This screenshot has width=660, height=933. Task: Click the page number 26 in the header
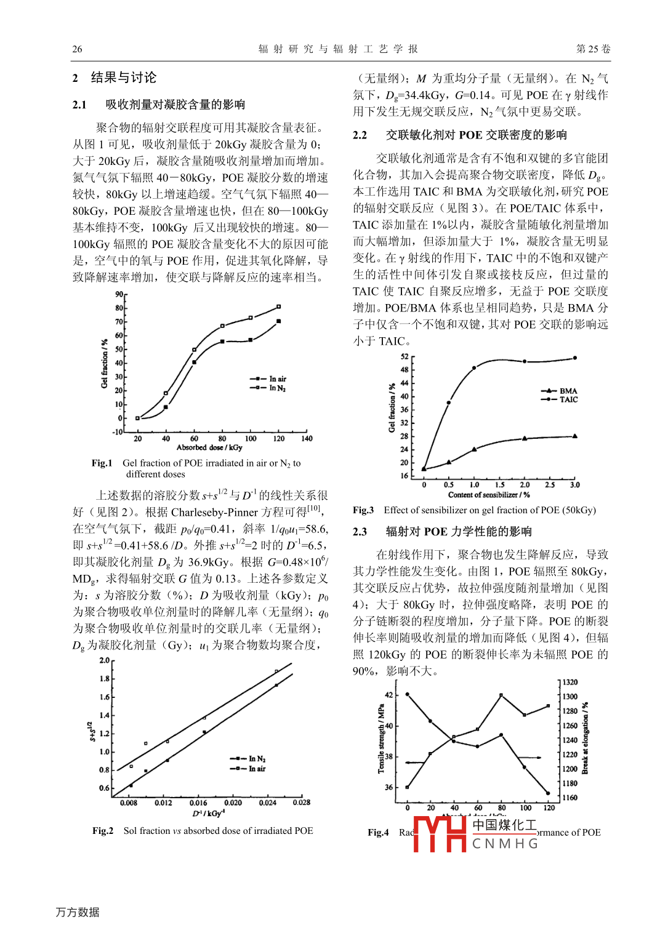(77, 49)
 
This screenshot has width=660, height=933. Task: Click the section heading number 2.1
(79, 105)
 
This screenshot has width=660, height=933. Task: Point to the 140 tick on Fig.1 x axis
(307, 439)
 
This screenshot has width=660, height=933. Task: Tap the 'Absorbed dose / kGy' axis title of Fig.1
(209, 447)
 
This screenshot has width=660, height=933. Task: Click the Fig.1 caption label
(102, 463)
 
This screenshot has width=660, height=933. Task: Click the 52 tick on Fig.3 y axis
(404, 357)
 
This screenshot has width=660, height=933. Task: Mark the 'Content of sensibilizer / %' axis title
(489, 495)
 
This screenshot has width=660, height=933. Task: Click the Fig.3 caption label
(363, 510)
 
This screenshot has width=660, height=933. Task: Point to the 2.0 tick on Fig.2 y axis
(105, 660)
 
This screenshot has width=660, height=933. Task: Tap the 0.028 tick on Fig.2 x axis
(302, 803)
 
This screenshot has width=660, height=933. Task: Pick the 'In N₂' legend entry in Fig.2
(248, 759)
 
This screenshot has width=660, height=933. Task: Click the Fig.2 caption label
(103, 831)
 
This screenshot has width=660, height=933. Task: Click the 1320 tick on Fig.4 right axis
(570, 683)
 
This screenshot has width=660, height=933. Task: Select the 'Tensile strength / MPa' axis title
(381, 739)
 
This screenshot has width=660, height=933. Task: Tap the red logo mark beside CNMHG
(440, 834)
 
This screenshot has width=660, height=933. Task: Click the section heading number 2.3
(360, 532)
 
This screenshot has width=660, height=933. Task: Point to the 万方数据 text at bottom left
(78, 912)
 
